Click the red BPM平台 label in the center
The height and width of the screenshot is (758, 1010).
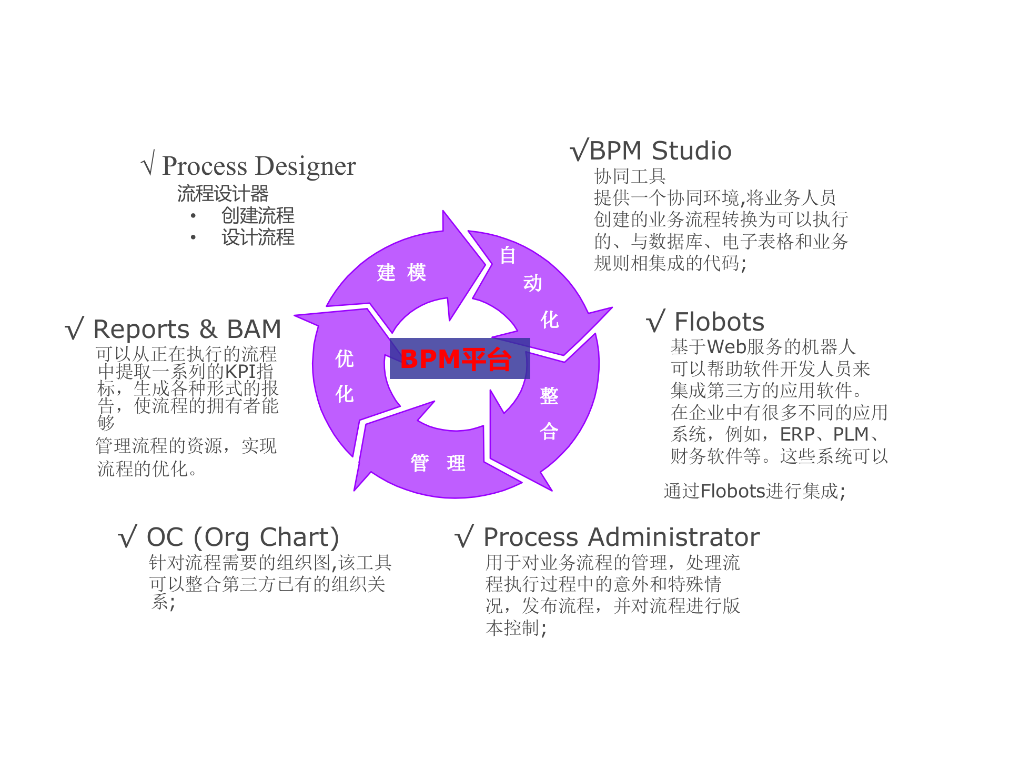tap(456, 359)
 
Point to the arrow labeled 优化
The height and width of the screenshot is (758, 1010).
tap(345, 376)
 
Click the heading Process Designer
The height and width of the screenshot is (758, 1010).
tap(259, 166)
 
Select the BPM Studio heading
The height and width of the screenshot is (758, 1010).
tap(660, 151)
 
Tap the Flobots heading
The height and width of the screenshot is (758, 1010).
tap(719, 322)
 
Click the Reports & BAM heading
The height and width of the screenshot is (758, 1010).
tap(187, 330)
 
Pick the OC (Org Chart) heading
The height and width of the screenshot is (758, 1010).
tap(243, 537)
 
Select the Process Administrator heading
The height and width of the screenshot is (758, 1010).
tap(621, 537)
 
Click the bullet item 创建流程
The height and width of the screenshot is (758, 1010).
tap(258, 215)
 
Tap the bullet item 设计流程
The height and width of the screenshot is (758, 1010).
tap(258, 237)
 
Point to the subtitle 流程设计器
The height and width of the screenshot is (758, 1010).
tap(223, 194)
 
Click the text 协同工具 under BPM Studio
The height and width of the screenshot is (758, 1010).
tap(630, 176)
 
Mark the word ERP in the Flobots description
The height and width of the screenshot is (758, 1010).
tap(797, 435)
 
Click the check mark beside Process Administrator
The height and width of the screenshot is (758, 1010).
tap(464, 537)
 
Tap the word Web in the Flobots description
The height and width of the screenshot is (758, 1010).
tap(726, 347)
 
